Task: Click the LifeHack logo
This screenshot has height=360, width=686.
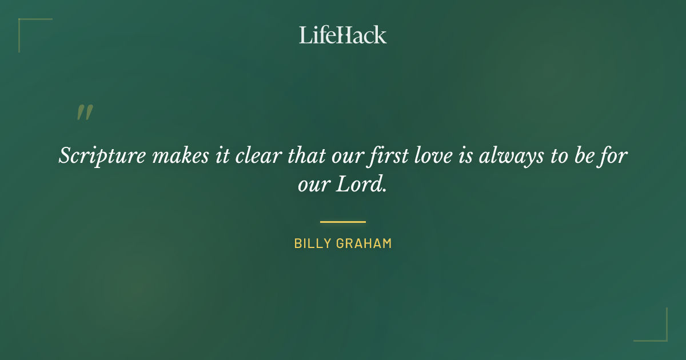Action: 343,35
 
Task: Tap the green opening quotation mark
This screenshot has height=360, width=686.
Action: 85,113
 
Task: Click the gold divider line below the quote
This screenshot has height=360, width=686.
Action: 343,222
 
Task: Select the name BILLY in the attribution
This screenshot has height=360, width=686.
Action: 313,243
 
